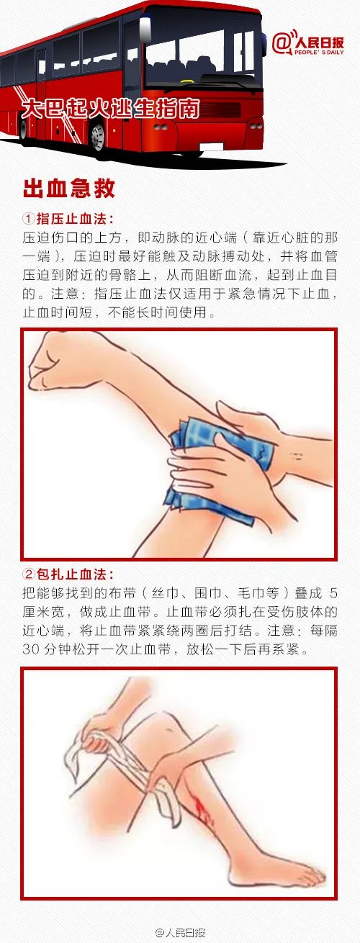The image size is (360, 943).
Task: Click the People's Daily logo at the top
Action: [307, 43]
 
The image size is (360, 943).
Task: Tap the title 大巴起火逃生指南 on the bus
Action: [110, 108]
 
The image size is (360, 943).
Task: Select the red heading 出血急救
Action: [69, 188]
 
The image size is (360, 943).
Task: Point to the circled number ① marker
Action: [29, 219]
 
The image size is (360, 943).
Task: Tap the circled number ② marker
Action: [29, 574]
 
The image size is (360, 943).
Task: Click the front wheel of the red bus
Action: [98, 136]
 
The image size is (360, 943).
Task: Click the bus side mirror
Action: [145, 30]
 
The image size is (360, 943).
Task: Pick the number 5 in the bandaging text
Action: [333, 593]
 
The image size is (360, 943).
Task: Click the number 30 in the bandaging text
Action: [32, 649]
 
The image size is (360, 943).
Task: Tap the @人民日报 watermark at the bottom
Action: [180, 932]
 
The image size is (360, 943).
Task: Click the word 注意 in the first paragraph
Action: [64, 294]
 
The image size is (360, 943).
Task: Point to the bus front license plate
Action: [212, 148]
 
